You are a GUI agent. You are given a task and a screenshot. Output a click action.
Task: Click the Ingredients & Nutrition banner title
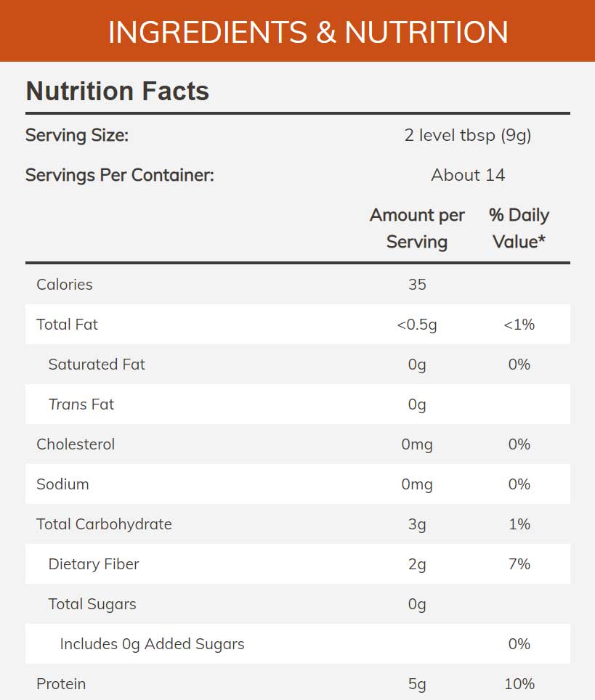click(308, 33)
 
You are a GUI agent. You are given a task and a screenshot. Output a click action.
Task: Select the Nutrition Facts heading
click(117, 91)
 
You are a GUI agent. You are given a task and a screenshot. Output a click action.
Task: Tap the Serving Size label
click(77, 135)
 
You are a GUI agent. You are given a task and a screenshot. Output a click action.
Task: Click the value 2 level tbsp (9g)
click(467, 135)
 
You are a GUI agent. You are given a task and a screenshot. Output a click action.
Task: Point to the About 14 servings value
click(467, 175)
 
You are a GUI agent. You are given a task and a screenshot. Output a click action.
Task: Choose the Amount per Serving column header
click(417, 228)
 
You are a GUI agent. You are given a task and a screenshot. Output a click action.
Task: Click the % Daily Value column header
click(519, 228)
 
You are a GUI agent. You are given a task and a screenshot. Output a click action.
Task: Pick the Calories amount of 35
click(417, 285)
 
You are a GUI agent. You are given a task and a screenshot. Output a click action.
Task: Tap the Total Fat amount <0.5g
click(417, 325)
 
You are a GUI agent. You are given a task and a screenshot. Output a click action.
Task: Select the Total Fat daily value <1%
click(519, 325)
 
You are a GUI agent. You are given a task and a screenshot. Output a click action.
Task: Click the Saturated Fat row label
click(97, 365)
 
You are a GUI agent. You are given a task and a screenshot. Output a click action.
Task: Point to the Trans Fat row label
click(81, 404)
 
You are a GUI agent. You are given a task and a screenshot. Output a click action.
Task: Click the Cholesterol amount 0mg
click(417, 444)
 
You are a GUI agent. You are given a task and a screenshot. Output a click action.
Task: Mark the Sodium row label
click(62, 484)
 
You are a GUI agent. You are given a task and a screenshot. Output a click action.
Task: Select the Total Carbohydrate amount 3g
click(417, 524)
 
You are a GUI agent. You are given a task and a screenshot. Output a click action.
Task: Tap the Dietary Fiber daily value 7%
click(519, 564)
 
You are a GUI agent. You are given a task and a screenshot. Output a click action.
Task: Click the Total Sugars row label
click(92, 604)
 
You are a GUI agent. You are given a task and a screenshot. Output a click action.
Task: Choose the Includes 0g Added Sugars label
click(152, 644)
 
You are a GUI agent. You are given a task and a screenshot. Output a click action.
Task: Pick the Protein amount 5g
click(417, 684)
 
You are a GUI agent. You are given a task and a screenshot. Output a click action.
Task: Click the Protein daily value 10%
click(519, 684)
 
